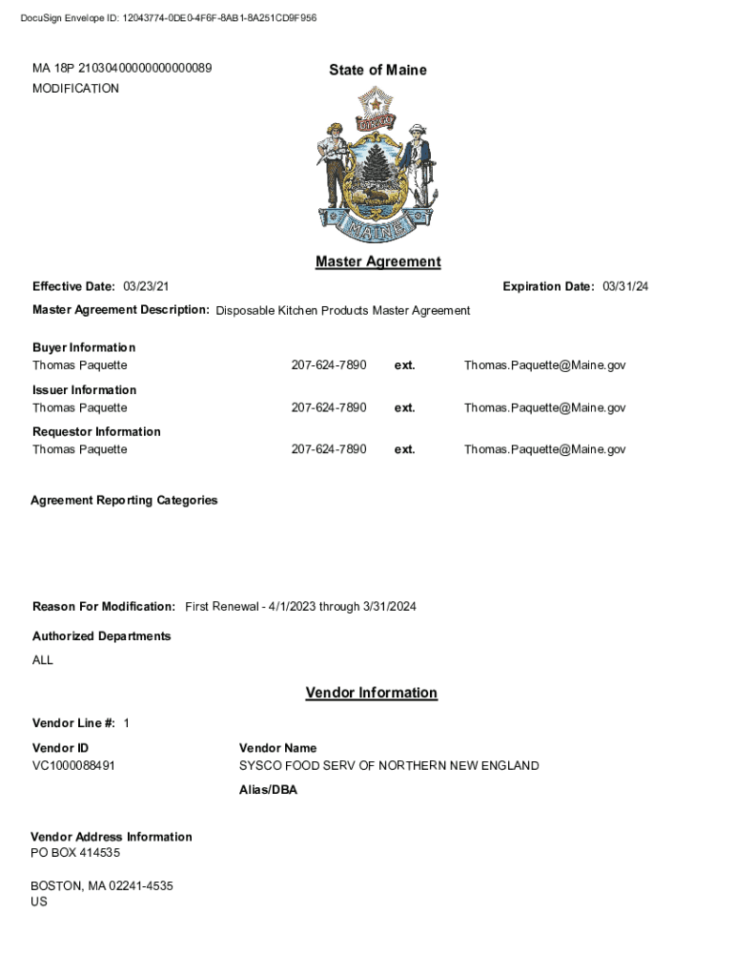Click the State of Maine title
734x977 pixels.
point(377,70)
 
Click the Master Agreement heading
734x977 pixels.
point(377,261)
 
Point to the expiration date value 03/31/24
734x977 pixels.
point(625,286)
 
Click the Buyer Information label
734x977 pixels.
point(84,347)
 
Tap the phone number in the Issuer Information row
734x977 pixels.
point(328,407)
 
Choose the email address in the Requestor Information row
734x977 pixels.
point(544,449)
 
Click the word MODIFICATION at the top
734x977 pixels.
point(75,89)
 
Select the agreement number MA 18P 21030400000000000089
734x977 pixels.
point(122,68)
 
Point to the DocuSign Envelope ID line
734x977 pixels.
point(169,18)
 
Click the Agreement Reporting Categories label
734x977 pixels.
point(124,500)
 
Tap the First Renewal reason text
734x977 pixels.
point(300,607)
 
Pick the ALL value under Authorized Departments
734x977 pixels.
point(43,660)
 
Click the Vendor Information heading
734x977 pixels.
point(371,693)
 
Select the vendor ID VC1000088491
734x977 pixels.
point(74,765)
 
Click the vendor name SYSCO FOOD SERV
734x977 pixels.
point(389,765)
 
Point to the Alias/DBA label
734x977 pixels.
point(268,790)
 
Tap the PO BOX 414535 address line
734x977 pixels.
point(75,853)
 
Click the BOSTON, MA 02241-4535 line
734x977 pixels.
point(102,885)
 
